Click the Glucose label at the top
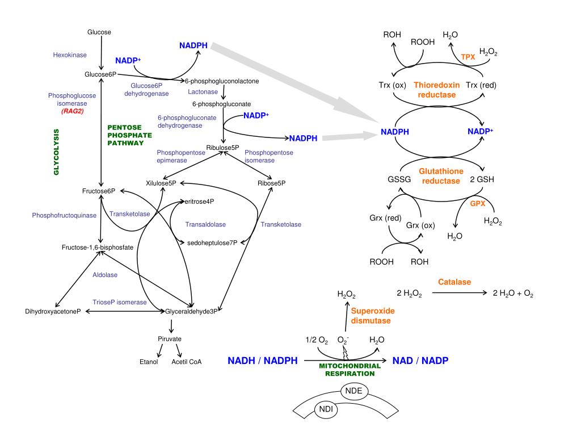point(99,32)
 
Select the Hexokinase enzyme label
point(70,55)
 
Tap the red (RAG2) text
point(72,111)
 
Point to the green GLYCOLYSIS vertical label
point(56,152)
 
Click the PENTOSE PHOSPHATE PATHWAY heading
point(130,135)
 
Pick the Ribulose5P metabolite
point(222,148)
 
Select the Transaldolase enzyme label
point(205,224)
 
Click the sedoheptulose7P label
point(212,243)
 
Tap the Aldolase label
point(105,275)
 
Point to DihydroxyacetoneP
point(53,312)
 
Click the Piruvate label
point(170,339)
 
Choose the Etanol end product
point(149,362)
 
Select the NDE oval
point(354,391)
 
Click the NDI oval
point(326,409)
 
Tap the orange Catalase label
point(454,282)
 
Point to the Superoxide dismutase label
point(372,316)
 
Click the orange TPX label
point(468,57)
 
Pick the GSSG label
point(399,179)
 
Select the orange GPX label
point(478,204)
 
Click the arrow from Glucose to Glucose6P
point(101,53)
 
